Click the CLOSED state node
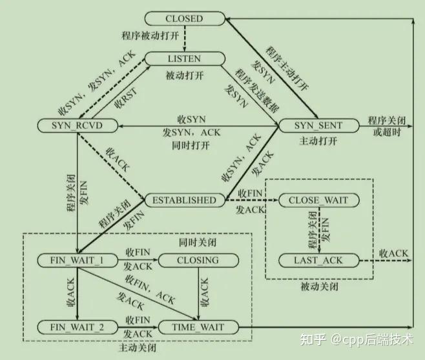[x=184, y=19]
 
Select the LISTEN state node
[x=184, y=59]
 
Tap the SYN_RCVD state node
[x=77, y=125]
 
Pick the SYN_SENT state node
[x=318, y=125]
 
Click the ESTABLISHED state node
[x=184, y=200]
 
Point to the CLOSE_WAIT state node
[x=318, y=200]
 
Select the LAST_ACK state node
[x=318, y=261]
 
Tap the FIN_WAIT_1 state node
[x=77, y=261]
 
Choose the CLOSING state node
[x=197, y=261]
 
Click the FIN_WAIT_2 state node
[x=77, y=327]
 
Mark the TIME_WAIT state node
[x=197, y=327]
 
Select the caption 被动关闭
[x=319, y=286]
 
